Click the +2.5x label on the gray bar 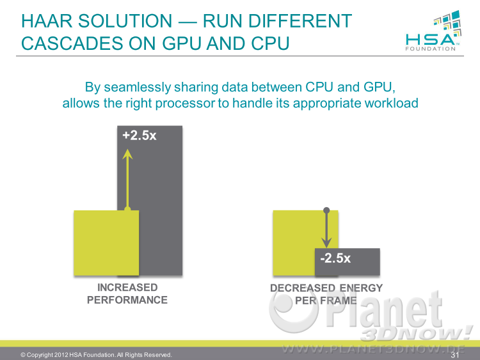point(140,136)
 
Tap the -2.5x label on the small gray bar point(335,258)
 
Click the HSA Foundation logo point(433,31)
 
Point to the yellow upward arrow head point(127,154)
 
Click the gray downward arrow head point(326,243)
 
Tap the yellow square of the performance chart point(106,243)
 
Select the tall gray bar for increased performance point(150,200)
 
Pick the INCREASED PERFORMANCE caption point(127,293)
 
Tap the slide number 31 point(455,355)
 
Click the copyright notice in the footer point(96,355)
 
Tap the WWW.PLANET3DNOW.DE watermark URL point(374,349)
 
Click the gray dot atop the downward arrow point(326,210)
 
